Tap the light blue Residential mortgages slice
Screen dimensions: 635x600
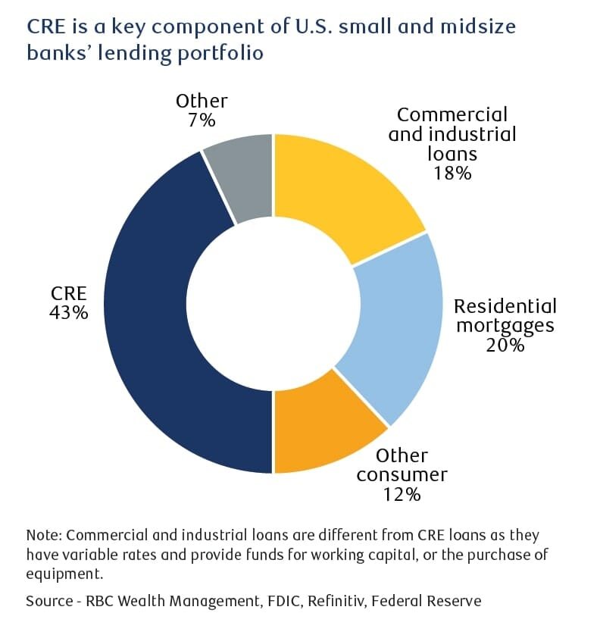coord(394,326)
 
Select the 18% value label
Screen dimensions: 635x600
coord(452,173)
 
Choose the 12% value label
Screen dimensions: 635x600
coord(401,495)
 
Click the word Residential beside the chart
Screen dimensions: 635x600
coord(505,306)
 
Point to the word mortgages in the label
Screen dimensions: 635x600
coord(505,326)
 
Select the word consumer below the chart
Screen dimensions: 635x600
coord(402,475)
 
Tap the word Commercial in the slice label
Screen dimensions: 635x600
coord(452,114)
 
